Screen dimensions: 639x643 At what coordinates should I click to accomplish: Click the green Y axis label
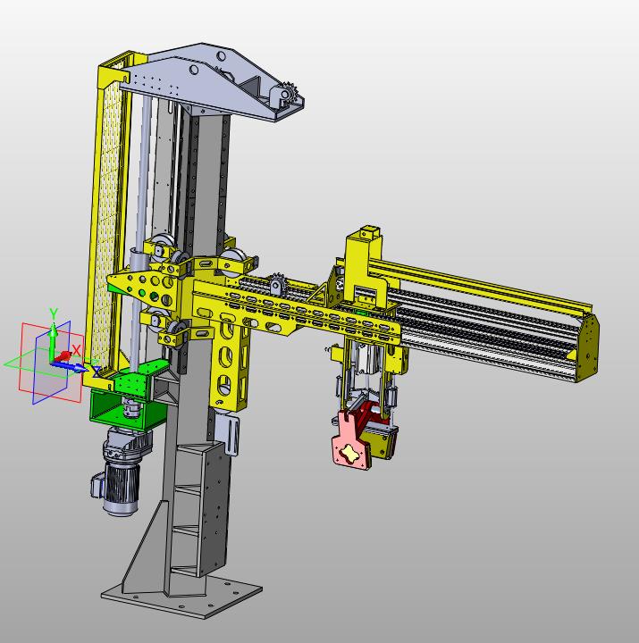(x=54, y=313)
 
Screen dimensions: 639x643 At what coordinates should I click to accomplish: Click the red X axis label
(x=76, y=350)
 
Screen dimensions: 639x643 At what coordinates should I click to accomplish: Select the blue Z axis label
(x=97, y=372)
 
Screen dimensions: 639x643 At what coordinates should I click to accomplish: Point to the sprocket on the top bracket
(x=290, y=95)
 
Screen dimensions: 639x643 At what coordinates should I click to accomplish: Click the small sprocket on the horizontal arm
(x=277, y=282)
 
